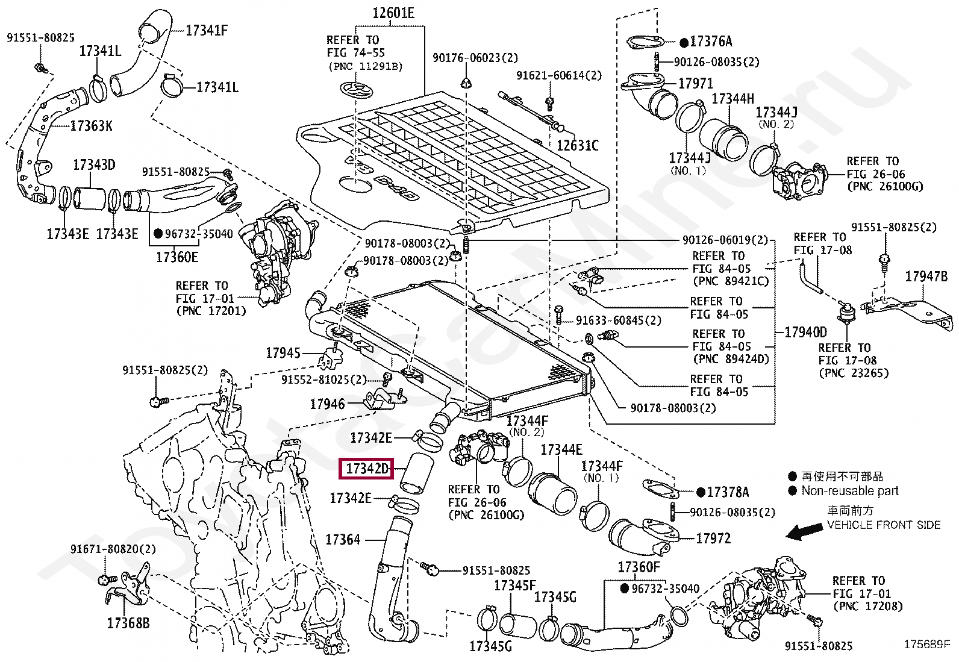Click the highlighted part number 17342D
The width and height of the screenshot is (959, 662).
(x=366, y=469)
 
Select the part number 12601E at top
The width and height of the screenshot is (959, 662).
(x=393, y=13)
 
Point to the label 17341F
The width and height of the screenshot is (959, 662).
(x=207, y=30)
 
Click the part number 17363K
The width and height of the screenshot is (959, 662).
(x=91, y=126)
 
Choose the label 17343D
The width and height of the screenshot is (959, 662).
(x=94, y=164)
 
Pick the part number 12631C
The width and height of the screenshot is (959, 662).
(x=578, y=146)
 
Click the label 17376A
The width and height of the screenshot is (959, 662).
(x=711, y=42)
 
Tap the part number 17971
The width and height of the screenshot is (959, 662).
(x=696, y=83)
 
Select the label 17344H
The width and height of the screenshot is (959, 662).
(x=733, y=99)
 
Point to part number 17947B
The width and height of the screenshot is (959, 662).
(x=926, y=276)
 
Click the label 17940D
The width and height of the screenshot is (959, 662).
(x=806, y=333)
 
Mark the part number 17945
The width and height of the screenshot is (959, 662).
(x=283, y=353)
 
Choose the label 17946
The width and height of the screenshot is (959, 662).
(x=327, y=404)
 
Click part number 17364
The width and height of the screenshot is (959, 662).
(x=343, y=540)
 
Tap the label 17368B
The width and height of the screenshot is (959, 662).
(x=128, y=623)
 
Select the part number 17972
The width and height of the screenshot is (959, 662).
(x=713, y=539)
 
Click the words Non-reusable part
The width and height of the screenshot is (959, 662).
(x=850, y=491)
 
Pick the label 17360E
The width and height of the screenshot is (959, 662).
(x=177, y=257)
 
